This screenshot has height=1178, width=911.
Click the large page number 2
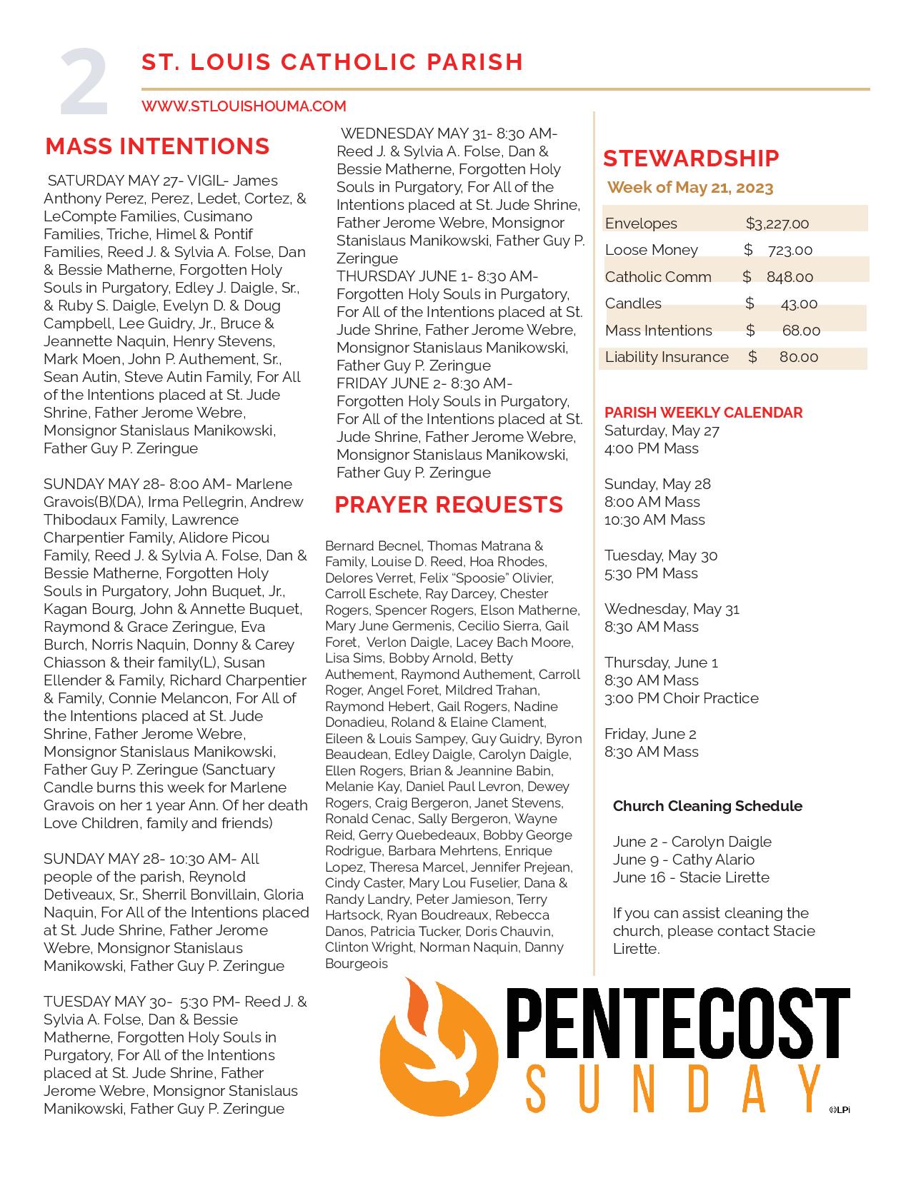pyautogui.click(x=84, y=83)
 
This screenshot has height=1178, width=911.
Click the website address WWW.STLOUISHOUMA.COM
pyautogui.click(x=244, y=106)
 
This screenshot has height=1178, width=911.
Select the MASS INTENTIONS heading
pyautogui.click(x=157, y=146)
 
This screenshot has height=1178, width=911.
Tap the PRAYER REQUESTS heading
pyautogui.click(x=449, y=505)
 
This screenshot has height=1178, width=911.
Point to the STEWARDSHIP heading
pyautogui.click(x=691, y=158)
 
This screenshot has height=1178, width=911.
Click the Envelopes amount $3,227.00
pyautogui.click(x=777, y=223)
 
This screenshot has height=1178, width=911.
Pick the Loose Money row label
pyautogui.click(x=651, y=250)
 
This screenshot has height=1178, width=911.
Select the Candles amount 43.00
pyautogui.click(x=799, y=303)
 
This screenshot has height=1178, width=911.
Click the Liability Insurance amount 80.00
pyautogui.click(x=799, y=357)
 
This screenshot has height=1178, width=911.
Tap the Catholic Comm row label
pyautogui.click(x=658, y=277)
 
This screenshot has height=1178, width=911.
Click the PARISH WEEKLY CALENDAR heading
pyautogui.click(x=703, y=413)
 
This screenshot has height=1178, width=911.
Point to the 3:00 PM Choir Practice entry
pyautogui.click(x=682, y=698)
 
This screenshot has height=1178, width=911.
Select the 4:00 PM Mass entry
pyautogui.click(x=652, y=448)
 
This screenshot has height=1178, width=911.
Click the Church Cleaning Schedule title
pyautogui.click(x=707, y=806)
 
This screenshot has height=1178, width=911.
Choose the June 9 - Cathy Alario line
pyautogui.click(x=683, y=860)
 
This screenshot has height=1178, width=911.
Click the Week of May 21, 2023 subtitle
pyautogui.click(x=690, y=188)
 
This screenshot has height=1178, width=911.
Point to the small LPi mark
pyautogui.click(x=840, y=1109)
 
